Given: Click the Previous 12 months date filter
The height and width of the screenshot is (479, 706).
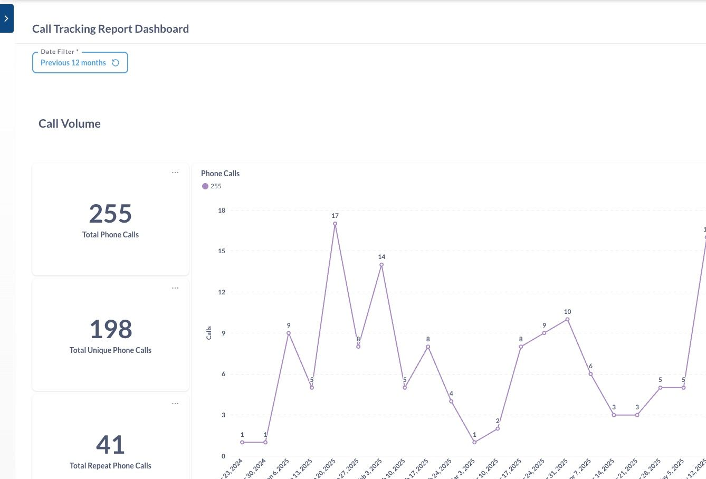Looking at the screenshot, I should click(73, 63).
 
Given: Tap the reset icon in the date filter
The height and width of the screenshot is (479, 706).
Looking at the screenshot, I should click(116, 63).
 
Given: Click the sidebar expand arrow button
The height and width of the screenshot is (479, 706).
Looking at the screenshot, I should click(6, 18).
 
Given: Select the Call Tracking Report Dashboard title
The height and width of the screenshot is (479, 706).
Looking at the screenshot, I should click(110, 29).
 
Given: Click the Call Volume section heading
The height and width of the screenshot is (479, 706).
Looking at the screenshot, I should click(69, 123).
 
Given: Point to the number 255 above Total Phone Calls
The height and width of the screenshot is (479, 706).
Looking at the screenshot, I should click(110, 214).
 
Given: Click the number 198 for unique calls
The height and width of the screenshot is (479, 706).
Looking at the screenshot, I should click(110, 329).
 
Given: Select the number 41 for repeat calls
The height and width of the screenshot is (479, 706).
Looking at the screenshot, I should click(110, 445).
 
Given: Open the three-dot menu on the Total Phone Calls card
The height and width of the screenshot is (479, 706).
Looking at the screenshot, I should click(175, 173).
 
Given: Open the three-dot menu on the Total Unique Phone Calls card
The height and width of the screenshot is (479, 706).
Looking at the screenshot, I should click(175, 288).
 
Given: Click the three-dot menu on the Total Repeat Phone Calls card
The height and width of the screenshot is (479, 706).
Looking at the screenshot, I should click(175, 404).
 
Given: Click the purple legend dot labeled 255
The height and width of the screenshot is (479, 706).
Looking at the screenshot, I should click(205, 186).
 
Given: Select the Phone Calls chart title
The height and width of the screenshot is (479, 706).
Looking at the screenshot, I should click(220, 174).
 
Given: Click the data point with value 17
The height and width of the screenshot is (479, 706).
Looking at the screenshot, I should click(335, 224).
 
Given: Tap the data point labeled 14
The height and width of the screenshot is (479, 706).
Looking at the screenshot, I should click(381, 265).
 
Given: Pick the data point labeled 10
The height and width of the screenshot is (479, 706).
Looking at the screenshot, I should click(567, 319).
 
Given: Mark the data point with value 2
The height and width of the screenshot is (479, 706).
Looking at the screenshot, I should click(498, 428).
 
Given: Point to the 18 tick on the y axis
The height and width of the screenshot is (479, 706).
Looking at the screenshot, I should click(222, 210).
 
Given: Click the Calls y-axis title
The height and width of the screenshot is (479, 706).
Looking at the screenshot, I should click(209, 333).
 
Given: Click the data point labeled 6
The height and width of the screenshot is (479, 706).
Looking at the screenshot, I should click(590, 374).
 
